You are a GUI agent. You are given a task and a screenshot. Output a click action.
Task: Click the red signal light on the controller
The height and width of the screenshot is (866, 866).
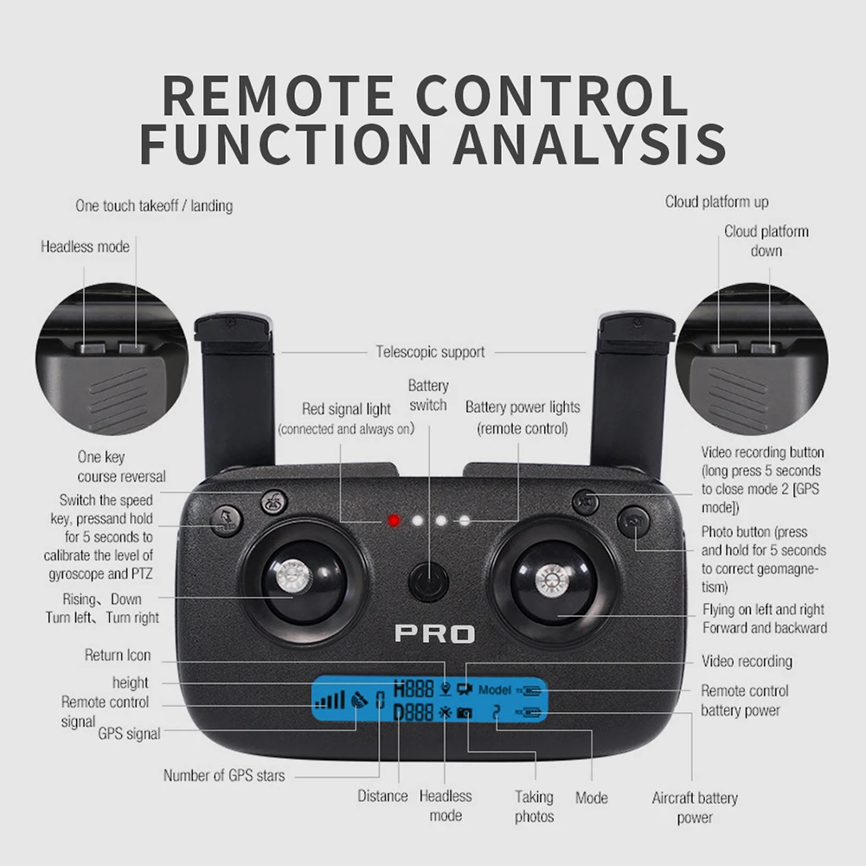394,521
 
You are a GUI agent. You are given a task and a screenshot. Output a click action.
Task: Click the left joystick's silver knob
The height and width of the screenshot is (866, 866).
291,577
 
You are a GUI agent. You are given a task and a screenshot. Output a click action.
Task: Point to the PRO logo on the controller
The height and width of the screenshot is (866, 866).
435,634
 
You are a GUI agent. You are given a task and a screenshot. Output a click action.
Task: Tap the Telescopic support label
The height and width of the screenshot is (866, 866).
430,352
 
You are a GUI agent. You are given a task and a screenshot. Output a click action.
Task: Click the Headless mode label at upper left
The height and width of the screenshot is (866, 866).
85,247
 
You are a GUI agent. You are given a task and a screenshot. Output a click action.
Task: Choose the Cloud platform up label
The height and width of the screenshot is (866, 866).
716,202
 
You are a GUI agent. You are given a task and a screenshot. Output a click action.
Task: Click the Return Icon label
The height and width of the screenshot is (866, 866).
118,656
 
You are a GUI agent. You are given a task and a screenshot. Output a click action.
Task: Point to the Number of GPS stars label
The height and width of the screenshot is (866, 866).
224,775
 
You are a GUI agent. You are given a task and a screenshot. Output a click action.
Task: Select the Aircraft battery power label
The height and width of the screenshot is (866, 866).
695,807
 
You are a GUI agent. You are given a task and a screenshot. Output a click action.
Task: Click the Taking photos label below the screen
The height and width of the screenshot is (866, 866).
535,806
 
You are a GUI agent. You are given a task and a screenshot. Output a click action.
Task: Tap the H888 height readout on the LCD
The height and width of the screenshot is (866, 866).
413,690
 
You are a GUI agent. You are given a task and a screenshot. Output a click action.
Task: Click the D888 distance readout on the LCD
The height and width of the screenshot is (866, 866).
413,713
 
